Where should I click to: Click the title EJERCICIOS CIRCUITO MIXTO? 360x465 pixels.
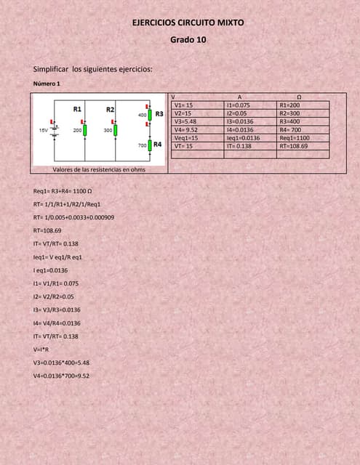tap(188, 23)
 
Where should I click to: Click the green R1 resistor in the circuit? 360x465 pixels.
tap(86, 130)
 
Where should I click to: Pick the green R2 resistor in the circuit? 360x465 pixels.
tap(116, 130)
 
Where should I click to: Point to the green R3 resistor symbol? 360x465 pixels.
tap(149, 114)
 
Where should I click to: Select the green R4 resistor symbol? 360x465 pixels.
tap(149, 145)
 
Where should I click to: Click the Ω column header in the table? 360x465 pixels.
tap(300, 97)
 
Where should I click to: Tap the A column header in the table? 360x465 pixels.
tap(240, 97)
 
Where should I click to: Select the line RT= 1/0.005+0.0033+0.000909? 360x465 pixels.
tap(73, 217)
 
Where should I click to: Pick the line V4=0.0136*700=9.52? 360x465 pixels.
tap(61, 376)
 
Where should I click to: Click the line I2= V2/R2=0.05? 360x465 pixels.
tap(54, 296)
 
